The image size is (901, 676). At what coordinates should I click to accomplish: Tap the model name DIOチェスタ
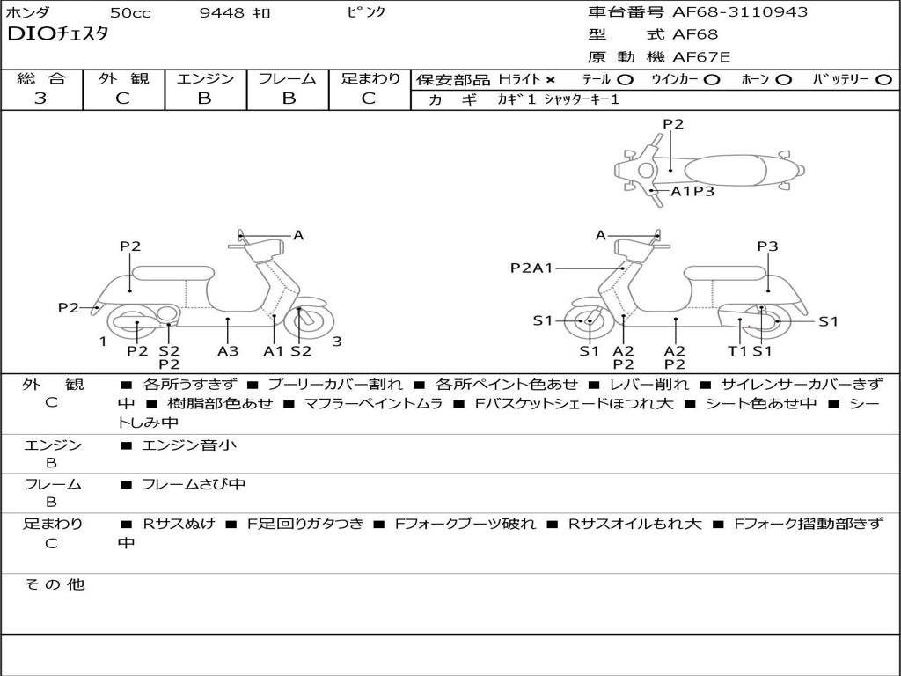(57, 35)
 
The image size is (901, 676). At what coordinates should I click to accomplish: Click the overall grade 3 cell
(40, 99)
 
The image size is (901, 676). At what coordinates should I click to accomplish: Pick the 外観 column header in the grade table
(123, 78)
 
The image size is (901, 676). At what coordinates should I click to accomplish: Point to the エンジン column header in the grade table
(205, 78)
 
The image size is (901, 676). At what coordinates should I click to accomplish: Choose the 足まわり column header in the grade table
(370, 78)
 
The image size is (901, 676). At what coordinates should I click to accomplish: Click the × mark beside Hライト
(550, 79)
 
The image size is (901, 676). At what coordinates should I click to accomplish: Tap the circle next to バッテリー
(883, 79)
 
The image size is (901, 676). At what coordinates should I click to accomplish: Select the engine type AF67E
(701, 57)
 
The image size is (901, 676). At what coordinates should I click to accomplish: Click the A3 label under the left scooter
(228, 350)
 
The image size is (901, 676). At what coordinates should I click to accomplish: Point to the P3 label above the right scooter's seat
(767, 246)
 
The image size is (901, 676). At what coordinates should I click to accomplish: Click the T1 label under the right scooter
(737, 350)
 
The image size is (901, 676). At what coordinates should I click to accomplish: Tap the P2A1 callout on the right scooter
(531, 268)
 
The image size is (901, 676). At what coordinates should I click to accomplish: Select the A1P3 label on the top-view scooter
(692, 191)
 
